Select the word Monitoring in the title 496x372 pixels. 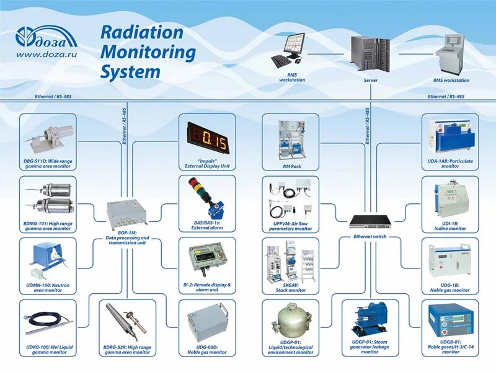(148, 51)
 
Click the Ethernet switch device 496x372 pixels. (370, 221)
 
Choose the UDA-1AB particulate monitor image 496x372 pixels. (449, 138)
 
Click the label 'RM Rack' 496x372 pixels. (291, 166)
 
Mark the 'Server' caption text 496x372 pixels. (371, 81)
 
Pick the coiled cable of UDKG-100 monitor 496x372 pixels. (40, 320)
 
